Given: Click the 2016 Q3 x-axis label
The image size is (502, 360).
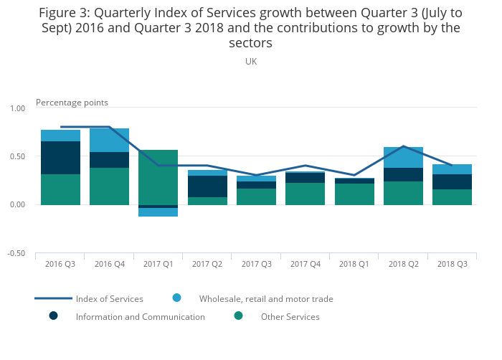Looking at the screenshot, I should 60,265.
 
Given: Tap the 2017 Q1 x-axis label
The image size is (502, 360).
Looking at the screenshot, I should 158,265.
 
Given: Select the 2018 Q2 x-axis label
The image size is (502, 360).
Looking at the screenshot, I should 403,265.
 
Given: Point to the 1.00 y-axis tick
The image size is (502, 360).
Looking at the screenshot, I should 16,108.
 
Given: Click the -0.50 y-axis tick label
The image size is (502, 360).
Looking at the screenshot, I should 16,254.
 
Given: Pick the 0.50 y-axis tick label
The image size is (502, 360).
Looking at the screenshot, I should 16,157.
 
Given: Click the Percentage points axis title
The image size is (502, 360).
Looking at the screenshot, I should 72,103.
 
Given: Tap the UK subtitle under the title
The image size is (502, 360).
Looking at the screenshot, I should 251,62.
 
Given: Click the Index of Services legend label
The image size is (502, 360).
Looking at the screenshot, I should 110,299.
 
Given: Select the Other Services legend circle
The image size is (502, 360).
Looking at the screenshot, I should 239,316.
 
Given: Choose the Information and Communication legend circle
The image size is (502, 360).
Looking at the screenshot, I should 53,316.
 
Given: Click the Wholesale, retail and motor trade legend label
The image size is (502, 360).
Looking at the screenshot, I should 266,299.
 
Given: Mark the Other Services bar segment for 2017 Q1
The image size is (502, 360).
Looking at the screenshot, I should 158,177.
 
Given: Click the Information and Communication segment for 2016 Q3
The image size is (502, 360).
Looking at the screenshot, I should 60,158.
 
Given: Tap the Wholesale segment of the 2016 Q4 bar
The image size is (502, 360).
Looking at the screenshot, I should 109,140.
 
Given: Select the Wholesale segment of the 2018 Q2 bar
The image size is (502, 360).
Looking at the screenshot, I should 403,157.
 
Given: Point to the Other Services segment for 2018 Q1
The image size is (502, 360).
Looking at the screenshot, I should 354,194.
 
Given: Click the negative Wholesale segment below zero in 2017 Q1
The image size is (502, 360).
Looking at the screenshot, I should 158,212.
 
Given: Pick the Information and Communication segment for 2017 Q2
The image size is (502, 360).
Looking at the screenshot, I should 207,186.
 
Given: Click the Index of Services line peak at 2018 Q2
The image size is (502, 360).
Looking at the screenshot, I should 403,146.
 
